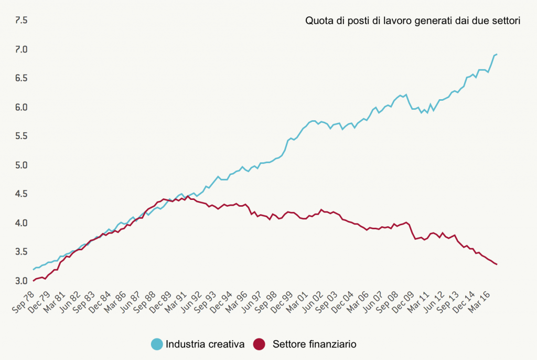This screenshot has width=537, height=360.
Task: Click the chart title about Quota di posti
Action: pos(412,22)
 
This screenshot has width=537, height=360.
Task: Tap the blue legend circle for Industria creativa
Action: pos(157,344)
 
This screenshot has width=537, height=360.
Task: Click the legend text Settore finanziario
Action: pos(315,345)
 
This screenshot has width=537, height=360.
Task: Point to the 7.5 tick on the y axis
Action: pos(21,20)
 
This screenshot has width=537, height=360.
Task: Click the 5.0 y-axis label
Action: pos(21,165)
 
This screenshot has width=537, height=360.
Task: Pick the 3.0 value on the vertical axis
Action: pos(21,281)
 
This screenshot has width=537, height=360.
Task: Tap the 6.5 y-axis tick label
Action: pos(21,78)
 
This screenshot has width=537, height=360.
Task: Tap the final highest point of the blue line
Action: pos(497,54)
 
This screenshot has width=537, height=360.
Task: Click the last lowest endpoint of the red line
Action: pos(497,264)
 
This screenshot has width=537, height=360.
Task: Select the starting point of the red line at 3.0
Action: pos(34,281)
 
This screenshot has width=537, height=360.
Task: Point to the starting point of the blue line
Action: pos(34,270)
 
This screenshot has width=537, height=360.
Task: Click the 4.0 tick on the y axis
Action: pos(21,223)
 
